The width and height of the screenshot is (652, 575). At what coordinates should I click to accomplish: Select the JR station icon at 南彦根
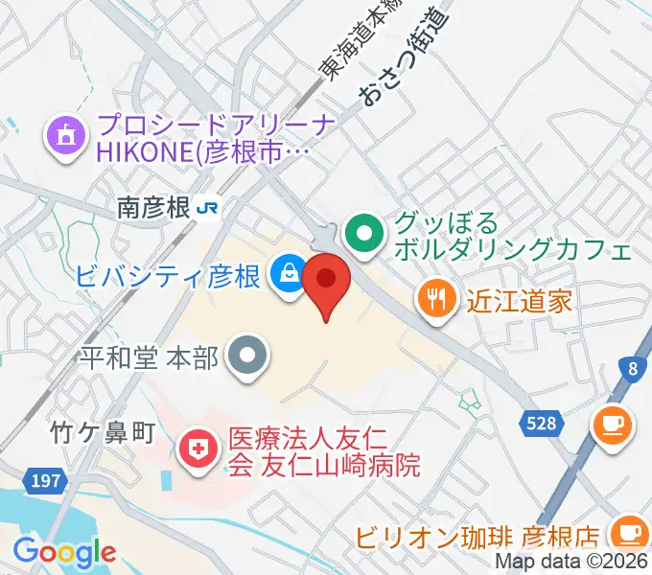206,207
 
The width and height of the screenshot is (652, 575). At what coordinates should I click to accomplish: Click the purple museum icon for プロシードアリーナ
64,135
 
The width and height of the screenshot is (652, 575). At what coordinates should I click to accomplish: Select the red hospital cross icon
198,452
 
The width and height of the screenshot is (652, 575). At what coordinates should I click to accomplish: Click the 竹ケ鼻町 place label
102,433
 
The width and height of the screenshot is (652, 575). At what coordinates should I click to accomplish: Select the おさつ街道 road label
404,57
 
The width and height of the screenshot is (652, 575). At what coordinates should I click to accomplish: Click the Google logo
63,552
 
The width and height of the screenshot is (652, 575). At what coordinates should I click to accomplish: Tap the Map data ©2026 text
570,563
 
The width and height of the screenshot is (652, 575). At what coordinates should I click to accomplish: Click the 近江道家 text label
520,301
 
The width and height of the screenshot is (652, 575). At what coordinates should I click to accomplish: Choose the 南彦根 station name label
152,207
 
